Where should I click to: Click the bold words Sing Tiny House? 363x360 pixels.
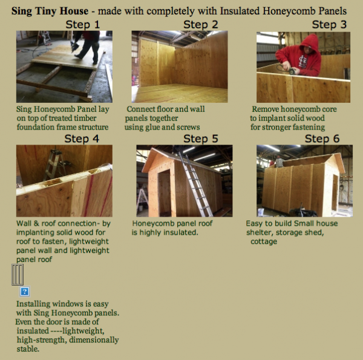coord(50,11)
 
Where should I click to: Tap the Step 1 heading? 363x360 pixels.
coord(83,25)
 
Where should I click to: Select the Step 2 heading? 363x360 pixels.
coord(201,25)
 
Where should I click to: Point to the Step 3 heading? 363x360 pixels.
coord(329,25)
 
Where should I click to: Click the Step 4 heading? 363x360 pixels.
coord(82,139)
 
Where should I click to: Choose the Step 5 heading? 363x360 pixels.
coord(201,139)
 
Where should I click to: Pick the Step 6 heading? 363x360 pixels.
coord(322,139)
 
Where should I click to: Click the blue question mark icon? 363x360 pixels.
coord(25,292)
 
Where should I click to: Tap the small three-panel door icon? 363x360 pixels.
coord(18,275)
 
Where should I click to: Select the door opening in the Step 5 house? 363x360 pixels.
coord(164,192)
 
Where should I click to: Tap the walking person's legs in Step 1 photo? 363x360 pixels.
coord(88,50)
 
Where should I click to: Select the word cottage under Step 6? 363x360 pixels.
coord(264,241)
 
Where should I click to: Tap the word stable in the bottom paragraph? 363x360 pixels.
coord(27,349)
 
